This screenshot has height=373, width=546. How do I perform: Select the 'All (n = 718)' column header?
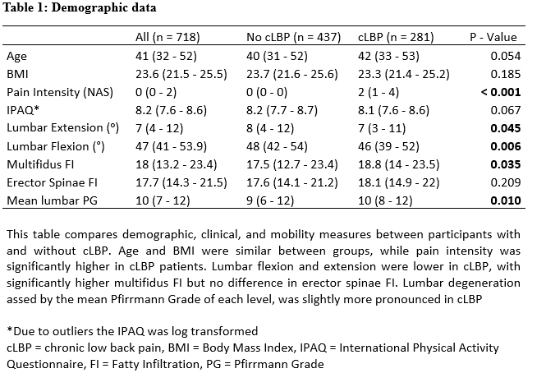coord(167,37)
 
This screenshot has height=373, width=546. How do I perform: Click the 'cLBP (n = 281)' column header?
coord(397,37)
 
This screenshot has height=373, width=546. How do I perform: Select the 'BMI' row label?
coord(18,74)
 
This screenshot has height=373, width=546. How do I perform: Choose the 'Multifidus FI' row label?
coord(40,164)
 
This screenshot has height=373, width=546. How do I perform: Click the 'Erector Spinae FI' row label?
coord(51,182)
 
